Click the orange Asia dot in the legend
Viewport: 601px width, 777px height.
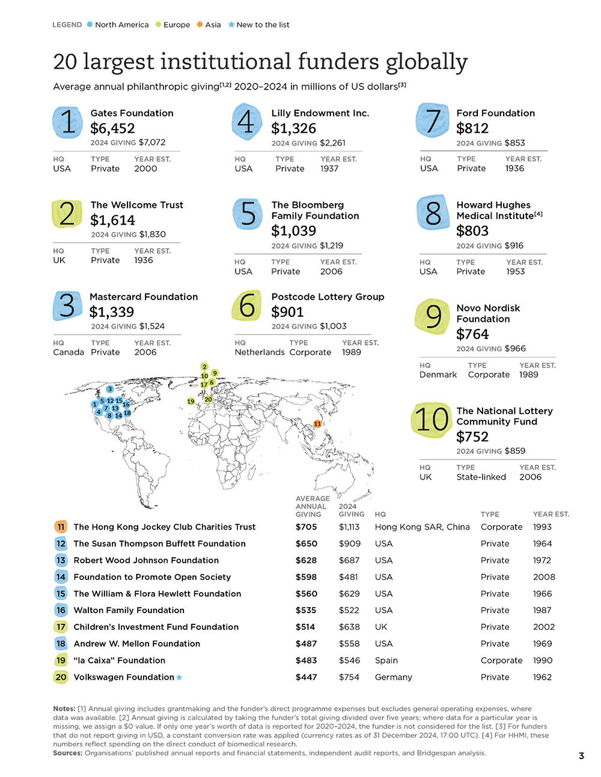tap(200, 24)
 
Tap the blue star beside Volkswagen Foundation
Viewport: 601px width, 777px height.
tap(179, 677)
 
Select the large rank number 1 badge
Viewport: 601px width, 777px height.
tap(68, 122)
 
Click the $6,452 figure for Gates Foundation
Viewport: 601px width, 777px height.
tap(112, 128)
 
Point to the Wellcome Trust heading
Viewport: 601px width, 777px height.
tap(136, 205)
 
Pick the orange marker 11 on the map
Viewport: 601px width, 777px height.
tap(317, 424)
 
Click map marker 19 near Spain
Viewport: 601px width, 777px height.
tap(191, 401)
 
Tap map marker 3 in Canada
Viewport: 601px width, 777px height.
tap(110, 388)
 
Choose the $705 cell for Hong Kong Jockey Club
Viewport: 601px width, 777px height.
tap(307, 527)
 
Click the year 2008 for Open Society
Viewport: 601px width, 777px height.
tap(544, 577)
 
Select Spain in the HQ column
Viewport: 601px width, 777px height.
tap(386, 661)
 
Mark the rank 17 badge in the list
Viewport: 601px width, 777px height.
tap(61, 627)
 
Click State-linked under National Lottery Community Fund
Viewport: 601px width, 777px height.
tap(481, 477)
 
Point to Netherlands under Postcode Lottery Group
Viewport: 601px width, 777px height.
tap(260, 352)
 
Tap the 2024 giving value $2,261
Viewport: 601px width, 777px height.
tap(332, 143)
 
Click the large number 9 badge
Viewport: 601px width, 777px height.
tap(432, 316)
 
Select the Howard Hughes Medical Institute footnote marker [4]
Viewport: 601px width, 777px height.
tap(538, 214)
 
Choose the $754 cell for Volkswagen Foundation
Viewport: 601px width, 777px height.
tap(349, 677)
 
